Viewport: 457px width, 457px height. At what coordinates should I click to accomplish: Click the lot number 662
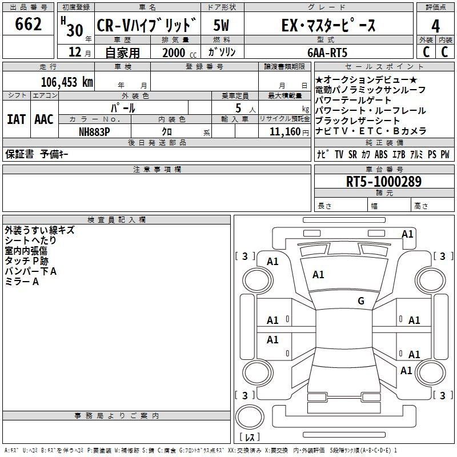click(29, 25)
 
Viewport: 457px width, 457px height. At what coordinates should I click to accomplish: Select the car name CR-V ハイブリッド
click(147, 26)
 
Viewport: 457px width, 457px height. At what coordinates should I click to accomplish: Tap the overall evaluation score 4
click(435, 26)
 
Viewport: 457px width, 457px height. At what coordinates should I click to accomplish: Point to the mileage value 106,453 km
click(67, 82)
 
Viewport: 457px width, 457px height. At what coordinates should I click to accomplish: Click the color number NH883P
click(95, 131)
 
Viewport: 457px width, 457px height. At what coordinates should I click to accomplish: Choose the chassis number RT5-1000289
click(384, 182)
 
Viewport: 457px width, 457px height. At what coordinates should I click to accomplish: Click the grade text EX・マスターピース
click(329, 26)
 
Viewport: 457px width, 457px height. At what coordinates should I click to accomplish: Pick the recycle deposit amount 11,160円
click(284, 131)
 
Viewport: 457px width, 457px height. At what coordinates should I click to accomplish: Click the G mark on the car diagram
click(361, 301)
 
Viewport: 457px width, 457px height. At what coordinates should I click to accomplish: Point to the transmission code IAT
click(16, 119)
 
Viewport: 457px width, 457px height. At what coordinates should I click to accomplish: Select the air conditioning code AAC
click(44, 119)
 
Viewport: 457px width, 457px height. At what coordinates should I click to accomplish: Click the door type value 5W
click(222, 26)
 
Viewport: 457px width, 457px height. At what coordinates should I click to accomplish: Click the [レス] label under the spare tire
click(249, 438)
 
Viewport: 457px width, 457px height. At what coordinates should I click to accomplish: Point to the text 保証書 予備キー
click(37, 155)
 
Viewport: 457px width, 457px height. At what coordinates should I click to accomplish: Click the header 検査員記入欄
click(117, 219)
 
